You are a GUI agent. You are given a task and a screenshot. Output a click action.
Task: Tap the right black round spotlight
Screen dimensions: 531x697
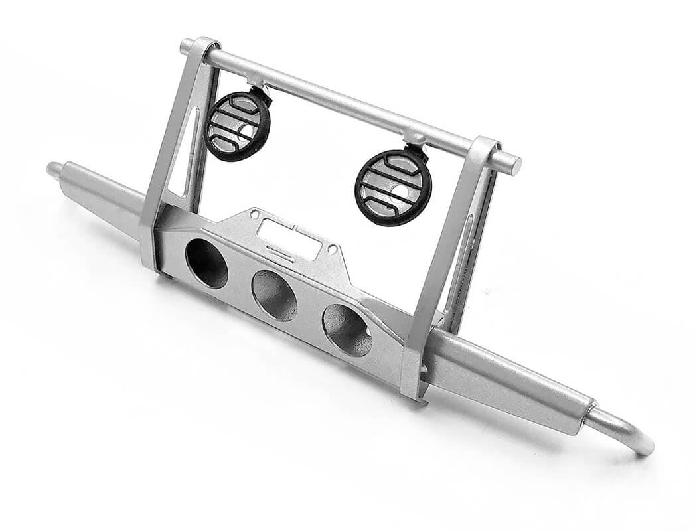tap(393, 187)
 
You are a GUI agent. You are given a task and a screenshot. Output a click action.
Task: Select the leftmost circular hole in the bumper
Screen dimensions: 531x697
tap(206, 263)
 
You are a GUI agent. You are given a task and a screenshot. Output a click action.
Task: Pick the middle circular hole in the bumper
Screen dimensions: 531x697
tap(274, 295)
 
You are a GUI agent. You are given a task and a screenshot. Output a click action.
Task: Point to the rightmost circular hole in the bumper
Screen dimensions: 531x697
tap(347, 330)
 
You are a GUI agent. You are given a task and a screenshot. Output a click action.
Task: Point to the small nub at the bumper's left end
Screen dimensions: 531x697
tap(53, 168)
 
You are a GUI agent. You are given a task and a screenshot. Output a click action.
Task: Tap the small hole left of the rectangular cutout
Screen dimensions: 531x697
tap(253, 215)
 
